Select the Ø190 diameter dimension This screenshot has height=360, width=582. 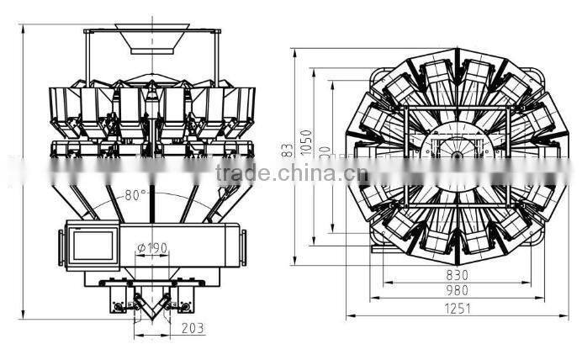coord(151,247)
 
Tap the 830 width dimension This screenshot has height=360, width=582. coord(456,275)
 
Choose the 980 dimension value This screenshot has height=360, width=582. coord(456,290)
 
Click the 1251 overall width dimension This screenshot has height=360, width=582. coord(456,309)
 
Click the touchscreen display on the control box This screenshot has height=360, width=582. coord(93,245)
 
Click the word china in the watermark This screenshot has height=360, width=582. coord(305,175)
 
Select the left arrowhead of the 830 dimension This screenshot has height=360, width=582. coord(384,283)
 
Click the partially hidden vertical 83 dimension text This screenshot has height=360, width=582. coord(288,150)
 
